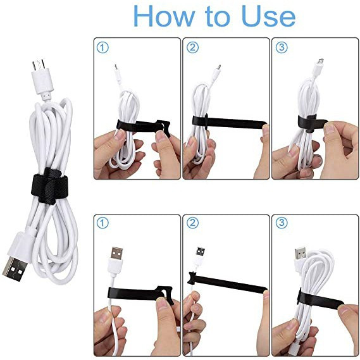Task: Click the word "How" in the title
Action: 164,16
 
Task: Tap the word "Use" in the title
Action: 268,16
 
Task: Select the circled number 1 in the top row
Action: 102,47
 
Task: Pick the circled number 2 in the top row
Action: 192,47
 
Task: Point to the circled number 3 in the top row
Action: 282,47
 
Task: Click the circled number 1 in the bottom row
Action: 102,223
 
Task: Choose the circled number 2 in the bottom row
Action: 192,223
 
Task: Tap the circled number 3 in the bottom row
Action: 282,223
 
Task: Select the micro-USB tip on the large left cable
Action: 39,65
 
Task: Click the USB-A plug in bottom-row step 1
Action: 116,253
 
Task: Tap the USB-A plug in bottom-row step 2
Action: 201,252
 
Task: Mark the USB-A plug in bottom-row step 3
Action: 300,252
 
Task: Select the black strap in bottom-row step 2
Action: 227,282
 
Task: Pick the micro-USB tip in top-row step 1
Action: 116,67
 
